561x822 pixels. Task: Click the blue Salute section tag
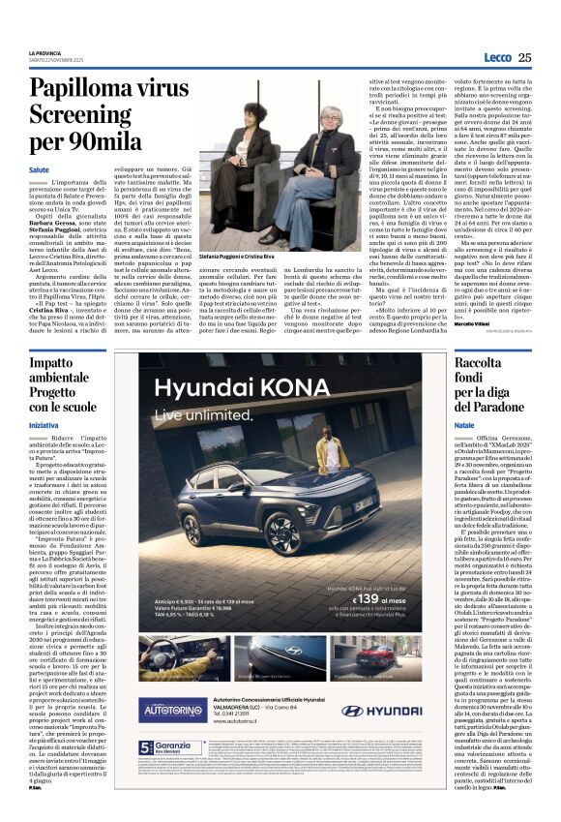pos(39,169)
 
